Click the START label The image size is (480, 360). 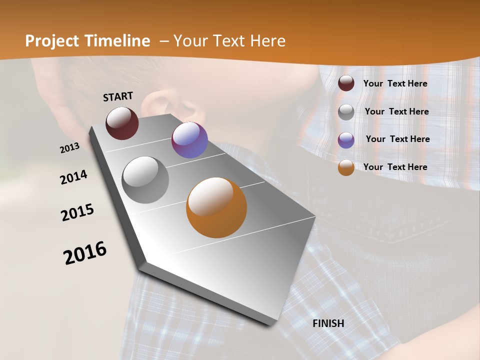(x=118, y=96)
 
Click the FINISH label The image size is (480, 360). (x=328, y=323)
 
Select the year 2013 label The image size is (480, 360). (x=69, y=148)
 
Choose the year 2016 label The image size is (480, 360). (x=85, y=253)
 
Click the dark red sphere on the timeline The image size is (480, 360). (x=122, y=123)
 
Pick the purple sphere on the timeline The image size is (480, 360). (x=189, y=140)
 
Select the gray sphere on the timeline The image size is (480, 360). (x=145, y=180)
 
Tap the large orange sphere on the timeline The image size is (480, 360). (x=216, y=207)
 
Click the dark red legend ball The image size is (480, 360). (x=346, y=83)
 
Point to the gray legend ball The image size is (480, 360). (x=346, y=112)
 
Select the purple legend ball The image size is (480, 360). (x=346, y=140)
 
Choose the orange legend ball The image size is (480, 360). (x=346, y=168)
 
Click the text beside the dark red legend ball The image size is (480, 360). (x=395, y=83)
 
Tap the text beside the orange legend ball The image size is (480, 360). (x=395, y=167)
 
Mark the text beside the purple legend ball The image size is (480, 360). (x=397, y=139)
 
